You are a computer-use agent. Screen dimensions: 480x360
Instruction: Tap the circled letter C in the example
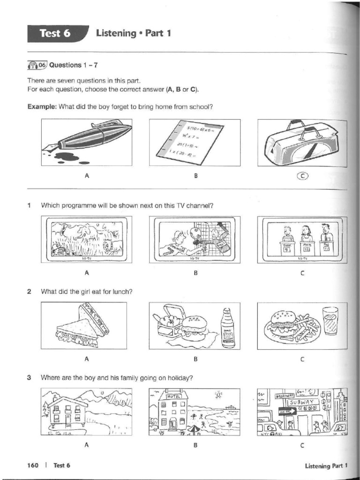click(x=302, y=176)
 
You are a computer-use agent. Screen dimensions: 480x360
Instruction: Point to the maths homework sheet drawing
click(x=195, y=142)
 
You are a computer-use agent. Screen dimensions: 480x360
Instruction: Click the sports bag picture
click(x=302, y=142)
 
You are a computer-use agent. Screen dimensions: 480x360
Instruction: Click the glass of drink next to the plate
click(x=330, y=322)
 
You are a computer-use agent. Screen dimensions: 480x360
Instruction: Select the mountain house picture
click(x=86, y=412)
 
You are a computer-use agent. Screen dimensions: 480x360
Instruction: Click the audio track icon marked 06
click(x=37, y=65)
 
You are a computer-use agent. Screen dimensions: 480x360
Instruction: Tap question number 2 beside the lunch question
click(x=29, y=291)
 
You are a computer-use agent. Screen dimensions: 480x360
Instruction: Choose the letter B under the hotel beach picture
click(x=195, y=445)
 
